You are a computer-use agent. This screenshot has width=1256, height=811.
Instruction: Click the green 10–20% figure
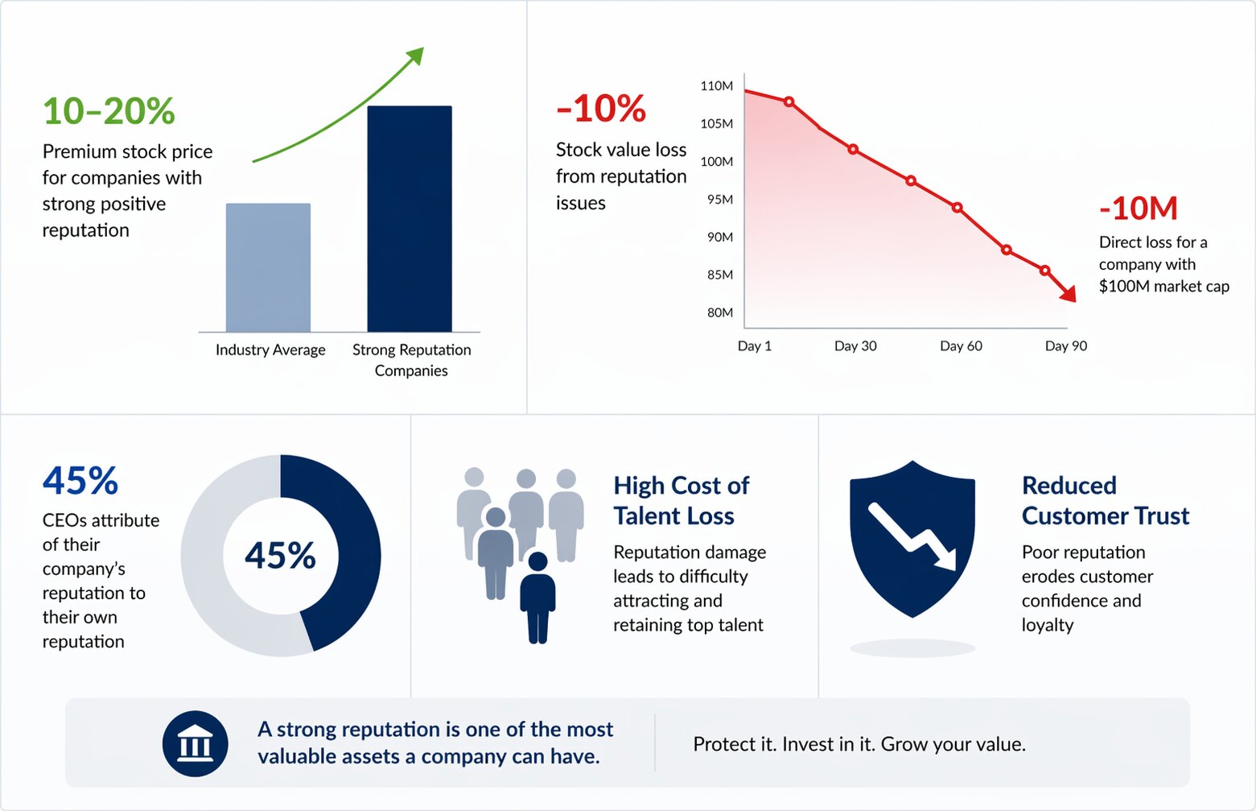point(109,111)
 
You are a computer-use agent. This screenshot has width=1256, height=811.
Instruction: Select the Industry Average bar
point(268,267)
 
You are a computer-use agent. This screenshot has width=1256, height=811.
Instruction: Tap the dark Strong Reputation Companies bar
point(410,218)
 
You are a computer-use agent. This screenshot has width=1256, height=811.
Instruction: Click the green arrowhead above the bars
point(415,56)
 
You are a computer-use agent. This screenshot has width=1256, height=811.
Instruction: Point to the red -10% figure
point(601,109)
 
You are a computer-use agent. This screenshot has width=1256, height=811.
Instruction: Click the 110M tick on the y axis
point(716,86)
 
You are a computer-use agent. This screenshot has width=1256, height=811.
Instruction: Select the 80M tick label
point(719,312)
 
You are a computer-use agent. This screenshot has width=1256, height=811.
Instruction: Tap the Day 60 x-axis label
point(961,346)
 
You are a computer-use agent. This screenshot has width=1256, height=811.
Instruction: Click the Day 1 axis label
point(754,346)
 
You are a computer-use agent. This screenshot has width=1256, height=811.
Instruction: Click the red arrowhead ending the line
point(1068,294)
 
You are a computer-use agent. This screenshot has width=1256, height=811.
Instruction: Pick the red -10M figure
point(1138,209)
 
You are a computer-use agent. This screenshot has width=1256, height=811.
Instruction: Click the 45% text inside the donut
point(280,556)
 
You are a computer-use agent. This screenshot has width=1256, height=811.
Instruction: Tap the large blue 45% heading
point(80,481)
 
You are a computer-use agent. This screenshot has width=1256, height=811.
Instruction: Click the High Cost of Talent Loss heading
point(681,500)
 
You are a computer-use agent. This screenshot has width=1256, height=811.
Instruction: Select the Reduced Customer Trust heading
point(1105,500)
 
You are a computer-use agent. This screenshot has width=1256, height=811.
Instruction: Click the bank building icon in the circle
point(195,744)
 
